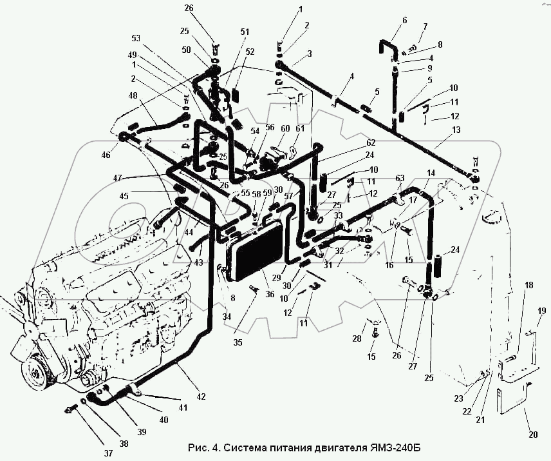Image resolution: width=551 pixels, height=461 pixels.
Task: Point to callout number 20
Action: pos(532,435)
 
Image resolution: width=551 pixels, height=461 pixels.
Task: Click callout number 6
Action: pos(405,20)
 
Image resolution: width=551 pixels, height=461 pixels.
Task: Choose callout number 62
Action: pos(371,142)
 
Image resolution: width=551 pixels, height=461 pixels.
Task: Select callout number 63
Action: pos(400,179)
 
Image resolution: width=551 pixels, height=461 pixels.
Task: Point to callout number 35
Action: pos(238,342)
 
